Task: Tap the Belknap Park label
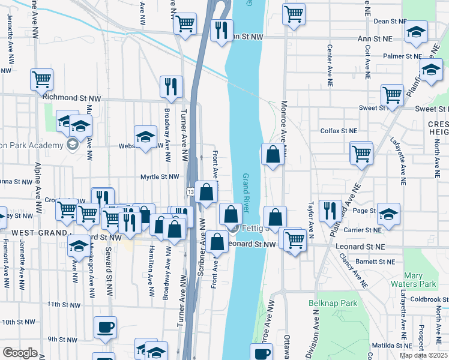[328, 304]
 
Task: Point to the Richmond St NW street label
[71, 97]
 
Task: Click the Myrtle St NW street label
[160, 176]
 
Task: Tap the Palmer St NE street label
[403, 56]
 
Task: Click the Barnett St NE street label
[375, 262]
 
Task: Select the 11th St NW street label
[64, 304]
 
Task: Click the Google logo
[20, 353]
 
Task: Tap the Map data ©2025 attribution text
[423, 355]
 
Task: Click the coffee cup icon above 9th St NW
[105, 328]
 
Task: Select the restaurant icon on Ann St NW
[222, 31]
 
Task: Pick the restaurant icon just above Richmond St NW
[172, 87]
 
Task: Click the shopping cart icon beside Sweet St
[392, 95]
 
